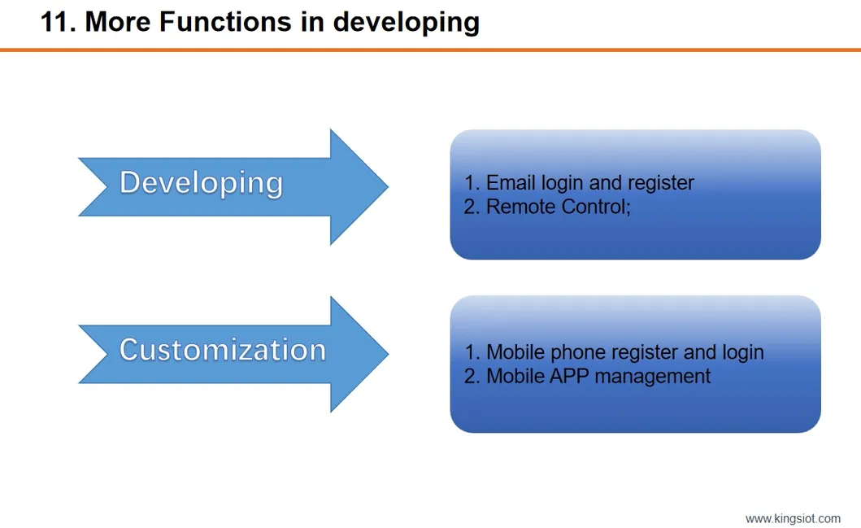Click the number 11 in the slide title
pyautogui.click(x=54, y=22)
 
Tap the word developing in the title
pyautogui.click(x=406, y=22)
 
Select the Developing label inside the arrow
pyautogui.click(x=201, y=182)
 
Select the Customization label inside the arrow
pyautogui.click(x=222, y=350)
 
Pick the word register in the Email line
pyautogui.click(x=659, y=182)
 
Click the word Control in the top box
pyautogui.click(x=594, y=207)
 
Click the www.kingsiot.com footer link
pyautogui.click(x=793, y=518)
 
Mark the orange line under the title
pyautogui.click(x=430, y=50)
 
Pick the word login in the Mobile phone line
pyautogui.click(x=742, y=352)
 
